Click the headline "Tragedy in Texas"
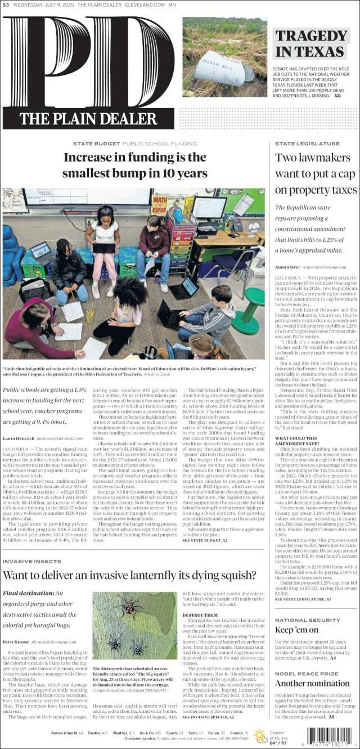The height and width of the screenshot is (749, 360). point(311,44)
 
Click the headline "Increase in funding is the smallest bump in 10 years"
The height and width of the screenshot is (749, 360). point(135,165)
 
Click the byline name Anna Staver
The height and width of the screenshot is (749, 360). point(287,266)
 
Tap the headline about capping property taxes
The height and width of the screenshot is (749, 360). point(316,174)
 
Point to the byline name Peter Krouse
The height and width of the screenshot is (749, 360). point(16,642)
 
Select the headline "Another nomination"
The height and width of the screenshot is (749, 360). point(312,683)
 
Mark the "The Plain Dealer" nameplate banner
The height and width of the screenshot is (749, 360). point(88,118)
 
